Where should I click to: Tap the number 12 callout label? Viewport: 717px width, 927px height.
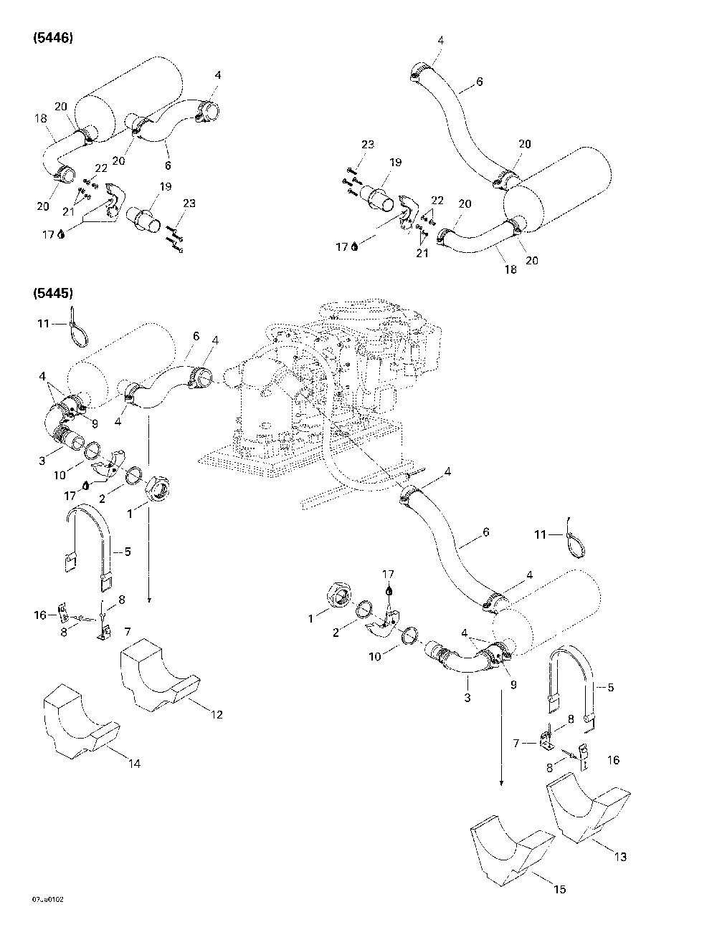[217, 714]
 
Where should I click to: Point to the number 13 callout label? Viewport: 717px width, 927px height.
[620, 857]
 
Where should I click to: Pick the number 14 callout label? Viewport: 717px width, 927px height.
[134, 764]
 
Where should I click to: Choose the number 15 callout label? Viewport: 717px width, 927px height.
[560, 889]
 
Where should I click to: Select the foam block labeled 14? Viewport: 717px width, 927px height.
[79, 720]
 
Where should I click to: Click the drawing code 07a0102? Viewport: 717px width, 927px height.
[43, 898]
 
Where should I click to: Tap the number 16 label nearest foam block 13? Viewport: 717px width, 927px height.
[614, 759]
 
